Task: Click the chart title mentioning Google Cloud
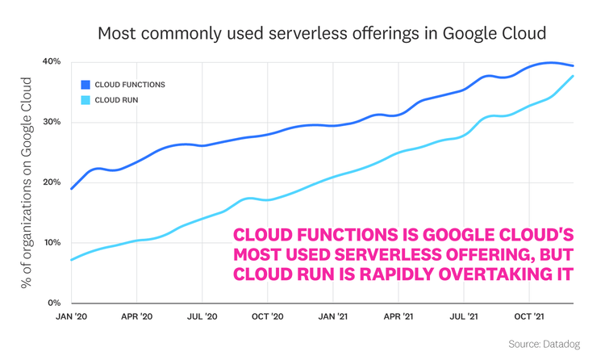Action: (x=322, y=34)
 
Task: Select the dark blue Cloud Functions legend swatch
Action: (x=86, y=84)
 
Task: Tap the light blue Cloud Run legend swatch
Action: (x=86, y=100)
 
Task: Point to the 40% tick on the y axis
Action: (x=52, y=62)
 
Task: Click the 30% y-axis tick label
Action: (x=52, y=123)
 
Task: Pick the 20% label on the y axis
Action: (x=52, y=182)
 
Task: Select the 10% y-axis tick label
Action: (x=52, y=243)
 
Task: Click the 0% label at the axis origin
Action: (x=54, y=303)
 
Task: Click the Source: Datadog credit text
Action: (x=544, y=345)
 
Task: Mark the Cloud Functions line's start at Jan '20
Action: (x=72, y=189)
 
